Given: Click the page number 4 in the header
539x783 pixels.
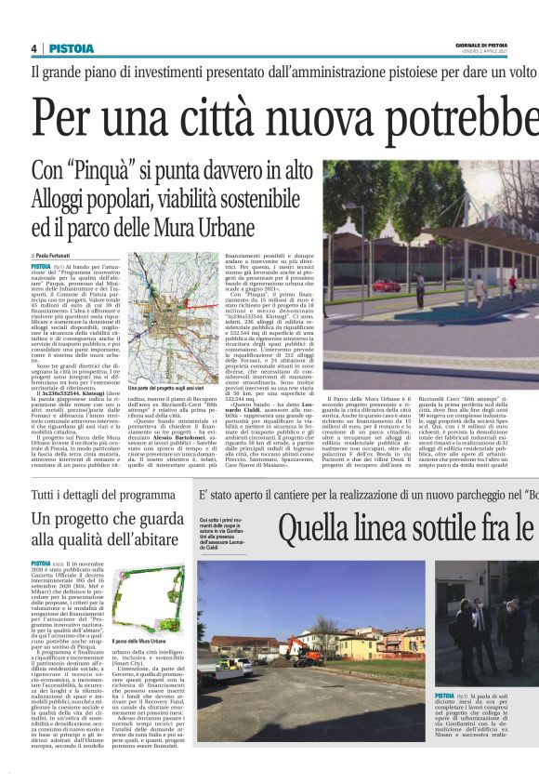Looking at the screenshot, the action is [x=34, y=47].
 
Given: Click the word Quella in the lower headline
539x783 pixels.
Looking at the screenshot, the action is [x=318, y=531].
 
